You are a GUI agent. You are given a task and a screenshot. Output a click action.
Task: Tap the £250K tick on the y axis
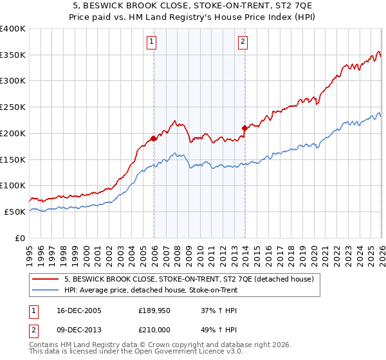13,107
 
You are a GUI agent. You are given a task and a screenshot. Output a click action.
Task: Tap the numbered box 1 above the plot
152,42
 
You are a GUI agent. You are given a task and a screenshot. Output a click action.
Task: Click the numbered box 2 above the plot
243,42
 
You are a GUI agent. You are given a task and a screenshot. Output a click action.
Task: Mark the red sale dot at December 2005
154,138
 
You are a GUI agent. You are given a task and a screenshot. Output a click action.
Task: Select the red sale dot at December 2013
244,128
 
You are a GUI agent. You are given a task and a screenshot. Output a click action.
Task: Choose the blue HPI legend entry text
151,290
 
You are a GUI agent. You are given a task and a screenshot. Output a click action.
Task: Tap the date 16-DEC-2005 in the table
78,310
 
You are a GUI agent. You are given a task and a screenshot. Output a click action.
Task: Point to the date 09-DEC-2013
78,329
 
